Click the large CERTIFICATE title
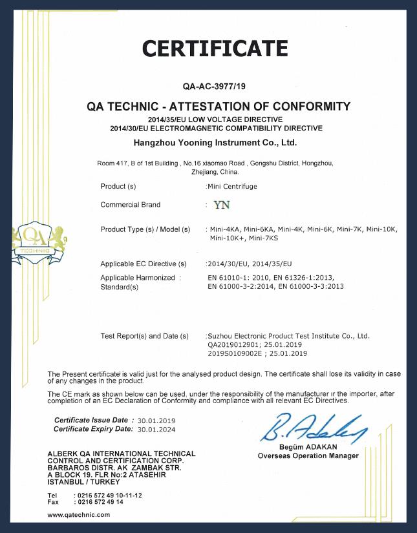click(215, 48)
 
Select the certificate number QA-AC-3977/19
click(214, 85)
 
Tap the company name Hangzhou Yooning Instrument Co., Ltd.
click(214, 141)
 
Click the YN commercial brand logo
click(221, 205)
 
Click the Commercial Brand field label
click(131, 205)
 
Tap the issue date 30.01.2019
click(156, 420)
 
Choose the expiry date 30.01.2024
click(156, 429)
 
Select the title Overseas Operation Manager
click(308, 456)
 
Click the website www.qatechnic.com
click(79, 514)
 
